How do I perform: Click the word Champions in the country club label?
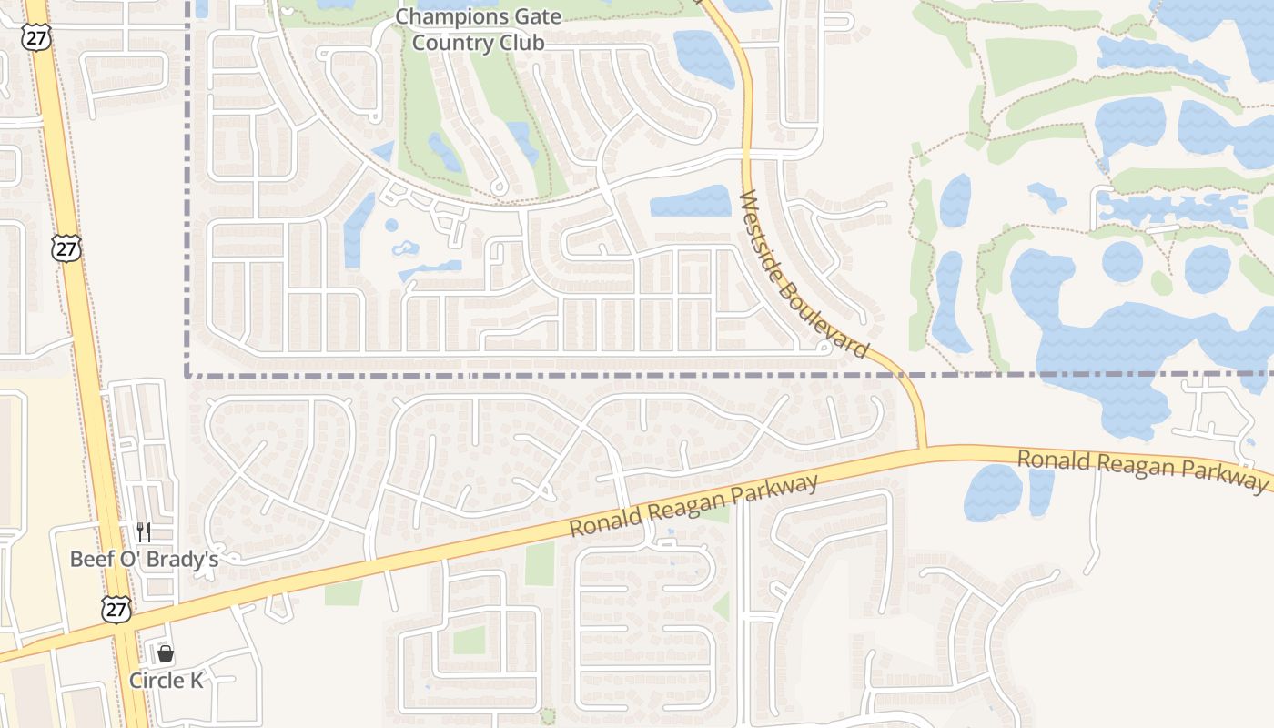coord(440,16)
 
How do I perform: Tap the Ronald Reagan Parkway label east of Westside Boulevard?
coord(1141,470)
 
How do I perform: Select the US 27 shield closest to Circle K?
coord(116,609)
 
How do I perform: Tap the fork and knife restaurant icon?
coord(143,531)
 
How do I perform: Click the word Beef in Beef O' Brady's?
coord(91,559)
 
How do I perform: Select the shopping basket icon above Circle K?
coord(166,653)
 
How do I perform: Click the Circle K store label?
coord(166,680)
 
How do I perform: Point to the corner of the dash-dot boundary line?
coord(187,374)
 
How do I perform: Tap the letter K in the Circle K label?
coord(196,680)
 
